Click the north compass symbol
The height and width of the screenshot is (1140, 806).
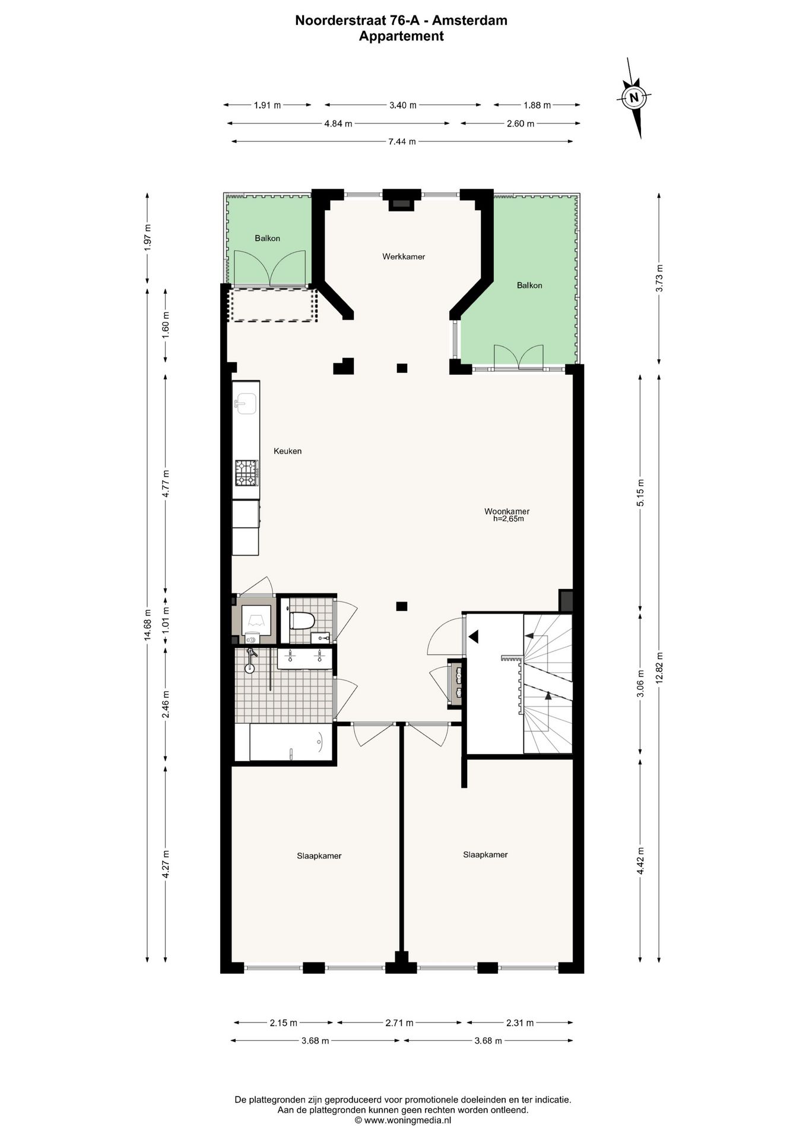coord(634,98)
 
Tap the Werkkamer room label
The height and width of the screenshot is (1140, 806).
coord(404,256)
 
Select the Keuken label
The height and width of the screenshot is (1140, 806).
coord(287,451)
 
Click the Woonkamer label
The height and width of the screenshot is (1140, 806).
coord(507,511)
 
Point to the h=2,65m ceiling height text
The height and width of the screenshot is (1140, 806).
coord(509,518)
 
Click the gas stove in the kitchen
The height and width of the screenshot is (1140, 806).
coord(246,473)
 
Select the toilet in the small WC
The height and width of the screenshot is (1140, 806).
coord(302,621)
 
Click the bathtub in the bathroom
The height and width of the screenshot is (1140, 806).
coord(290,742)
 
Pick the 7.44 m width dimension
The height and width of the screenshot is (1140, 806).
coord(402,141)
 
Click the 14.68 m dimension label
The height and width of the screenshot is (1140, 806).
coord(148,625)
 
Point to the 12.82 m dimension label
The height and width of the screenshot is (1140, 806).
coord(659,668)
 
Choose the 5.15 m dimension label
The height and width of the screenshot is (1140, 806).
coord(640,492)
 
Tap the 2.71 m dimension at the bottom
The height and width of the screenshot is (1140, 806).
coord(399,1022)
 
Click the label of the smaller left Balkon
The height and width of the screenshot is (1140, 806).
coord(267,238)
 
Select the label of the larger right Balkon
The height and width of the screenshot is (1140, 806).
coord(529,285)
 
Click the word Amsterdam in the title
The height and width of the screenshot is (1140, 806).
coord(469,21)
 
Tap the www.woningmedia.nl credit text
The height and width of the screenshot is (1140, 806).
coord(407,1120)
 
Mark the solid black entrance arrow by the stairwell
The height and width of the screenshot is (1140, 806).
coord(474,637)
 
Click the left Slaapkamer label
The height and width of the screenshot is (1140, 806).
coord(319,856)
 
